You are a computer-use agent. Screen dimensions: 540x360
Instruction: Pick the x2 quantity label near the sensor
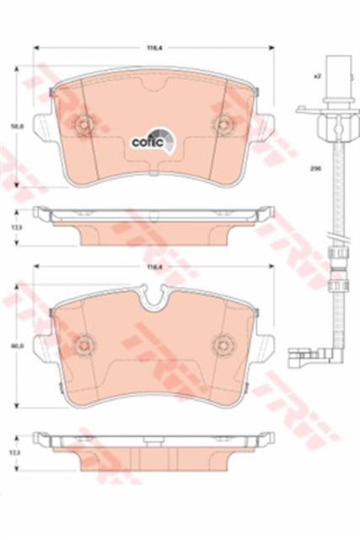pyautogui.click(x=317, y=76)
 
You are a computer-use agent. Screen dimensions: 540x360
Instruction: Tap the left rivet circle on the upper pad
pyautogui.click(x=83, y=126)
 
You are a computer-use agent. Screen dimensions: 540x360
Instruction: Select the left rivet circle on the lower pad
pyautogui.click(x=83, y=343)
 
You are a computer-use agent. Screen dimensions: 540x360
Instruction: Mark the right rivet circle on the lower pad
pyautogui.click(x=223, y=343)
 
